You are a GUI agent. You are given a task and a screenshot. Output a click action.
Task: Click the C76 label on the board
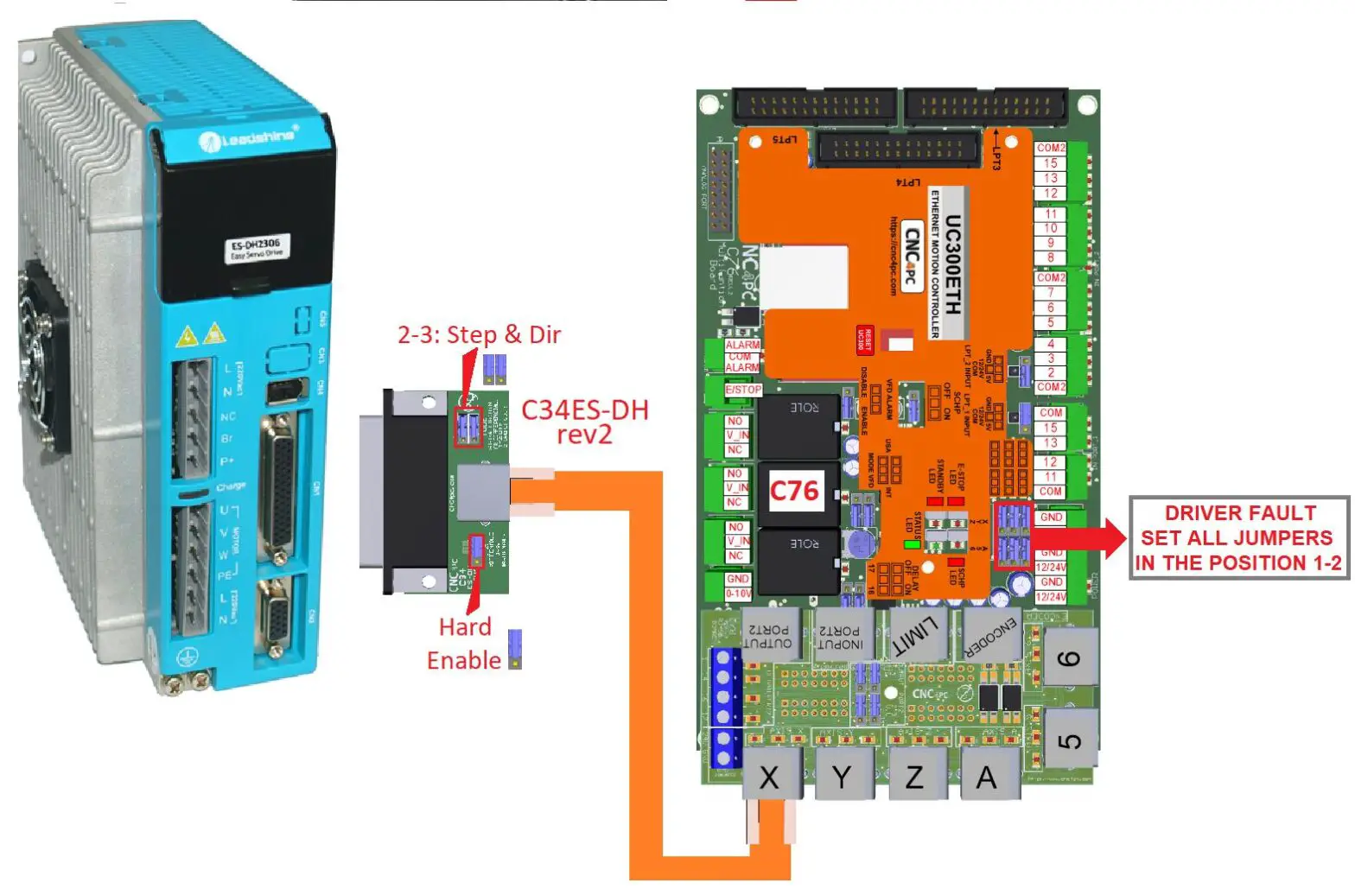[793, 491]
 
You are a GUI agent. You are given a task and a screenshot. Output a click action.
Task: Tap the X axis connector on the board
[768, 776]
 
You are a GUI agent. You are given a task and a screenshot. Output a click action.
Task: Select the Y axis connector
[842, 776]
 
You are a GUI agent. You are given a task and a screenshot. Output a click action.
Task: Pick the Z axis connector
[914, 776]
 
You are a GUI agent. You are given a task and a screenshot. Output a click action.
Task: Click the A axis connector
[986, 776]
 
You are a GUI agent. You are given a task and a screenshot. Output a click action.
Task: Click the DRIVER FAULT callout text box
[1239, 537]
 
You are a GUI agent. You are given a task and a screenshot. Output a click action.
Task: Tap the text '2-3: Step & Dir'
[479, 334]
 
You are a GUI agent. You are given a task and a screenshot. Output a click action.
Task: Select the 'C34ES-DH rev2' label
[585, 421]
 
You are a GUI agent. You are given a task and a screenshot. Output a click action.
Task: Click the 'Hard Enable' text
[464, 644]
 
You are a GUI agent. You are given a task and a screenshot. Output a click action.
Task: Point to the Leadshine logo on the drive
[248, 137]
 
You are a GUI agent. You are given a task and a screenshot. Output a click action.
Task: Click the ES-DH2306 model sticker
[257, 249]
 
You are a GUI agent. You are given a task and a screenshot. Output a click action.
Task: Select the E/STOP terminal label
[742, 390]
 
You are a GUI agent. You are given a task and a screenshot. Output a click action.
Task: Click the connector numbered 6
[1070, 658]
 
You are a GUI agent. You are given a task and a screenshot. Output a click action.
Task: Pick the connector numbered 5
[1070, 740]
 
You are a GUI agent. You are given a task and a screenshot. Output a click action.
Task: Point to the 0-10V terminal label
[738, 594]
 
